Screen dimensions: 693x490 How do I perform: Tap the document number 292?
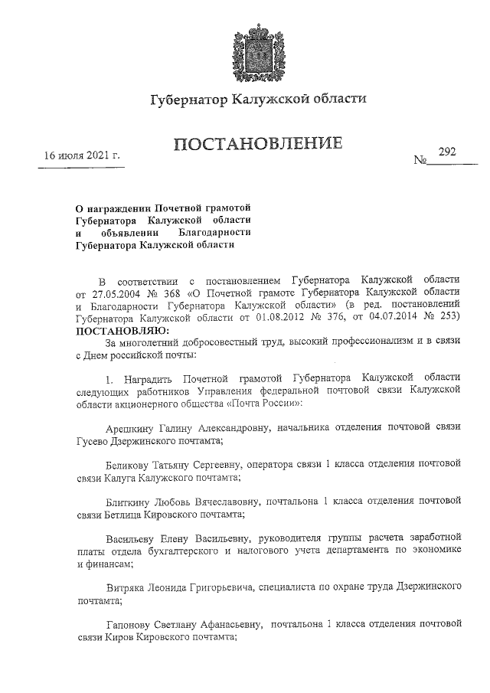(x=447, y=152)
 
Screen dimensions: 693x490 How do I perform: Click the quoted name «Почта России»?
(x=261, y=402)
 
